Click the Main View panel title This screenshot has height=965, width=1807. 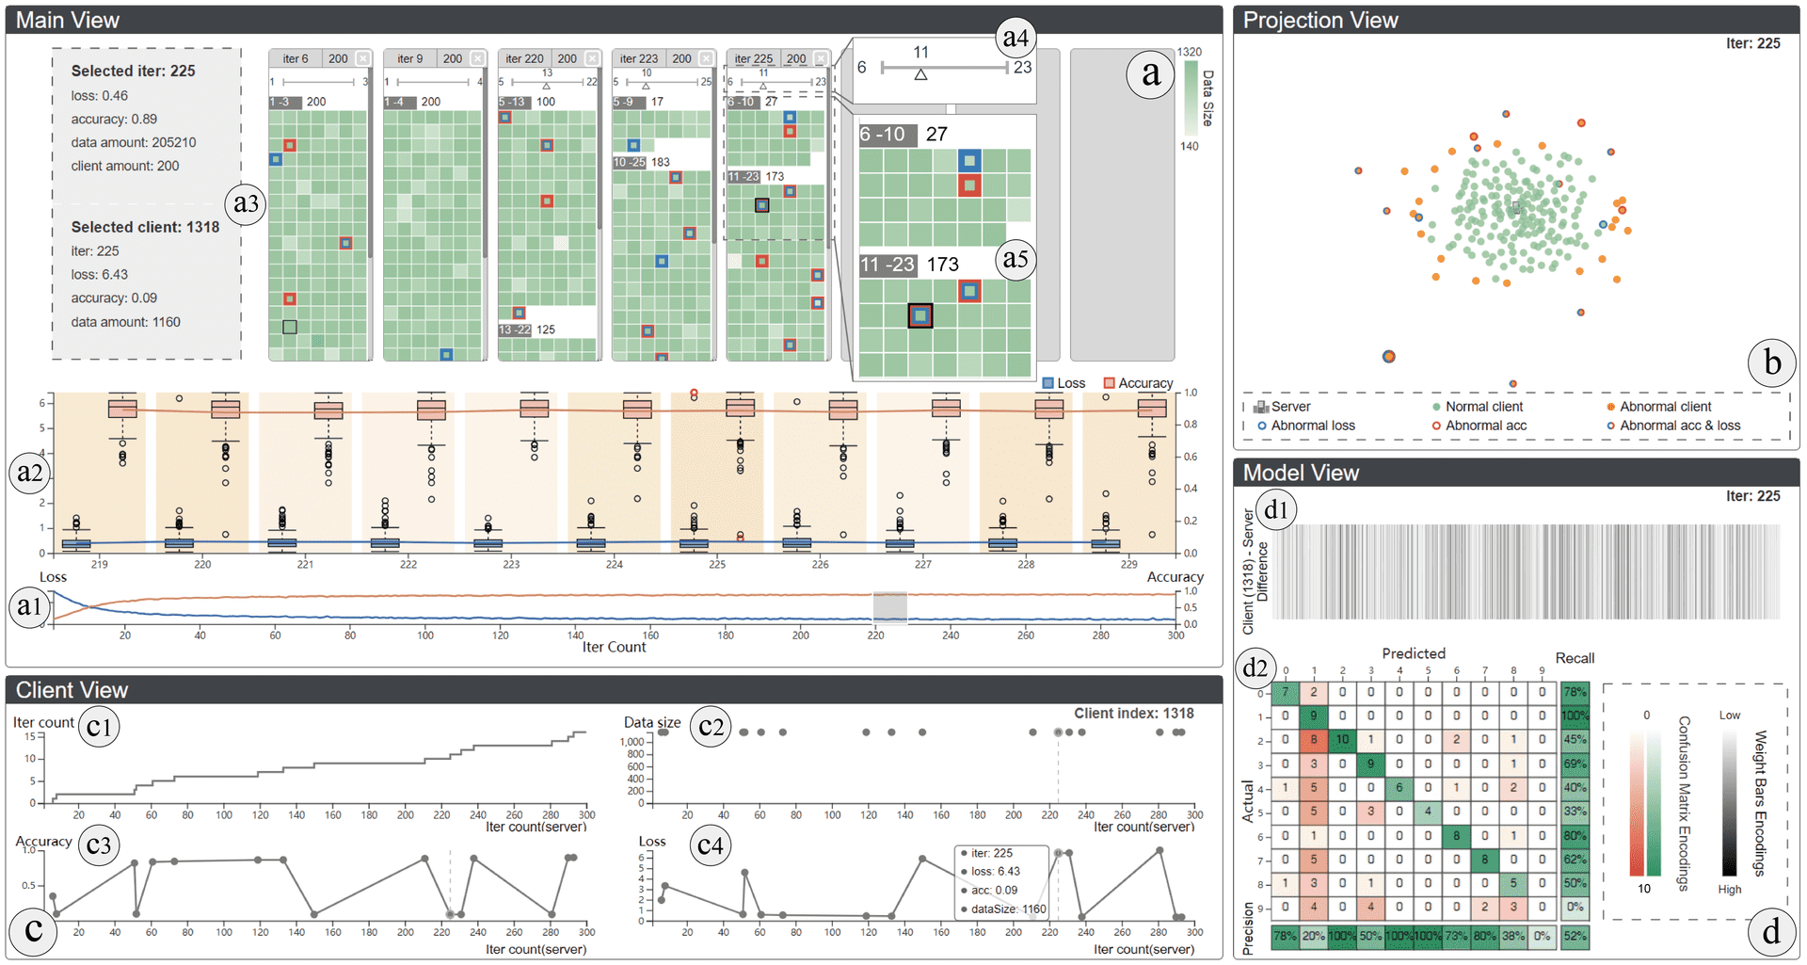[68, 20]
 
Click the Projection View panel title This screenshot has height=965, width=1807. [1319, 20]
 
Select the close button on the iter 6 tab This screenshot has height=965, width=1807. [363, 58]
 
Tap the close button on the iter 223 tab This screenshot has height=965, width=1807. [707, 58]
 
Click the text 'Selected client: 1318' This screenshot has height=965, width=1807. [145, 227]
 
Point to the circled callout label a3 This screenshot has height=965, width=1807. [246, 203]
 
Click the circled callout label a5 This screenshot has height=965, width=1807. [1015, 258]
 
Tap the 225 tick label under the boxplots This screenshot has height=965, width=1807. [717, 564]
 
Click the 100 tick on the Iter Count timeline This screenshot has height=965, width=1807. [425, 635]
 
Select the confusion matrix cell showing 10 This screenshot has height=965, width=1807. [1342, 740]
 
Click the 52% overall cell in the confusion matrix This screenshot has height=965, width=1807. [1575, 936]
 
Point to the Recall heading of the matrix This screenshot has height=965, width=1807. [1575, 658]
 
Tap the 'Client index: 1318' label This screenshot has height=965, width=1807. [1133, 714]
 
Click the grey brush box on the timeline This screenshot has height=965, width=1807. [889, 607]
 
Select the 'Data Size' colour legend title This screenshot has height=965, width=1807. [1208, 98]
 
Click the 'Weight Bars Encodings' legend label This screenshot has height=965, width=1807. [1759, 802]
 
